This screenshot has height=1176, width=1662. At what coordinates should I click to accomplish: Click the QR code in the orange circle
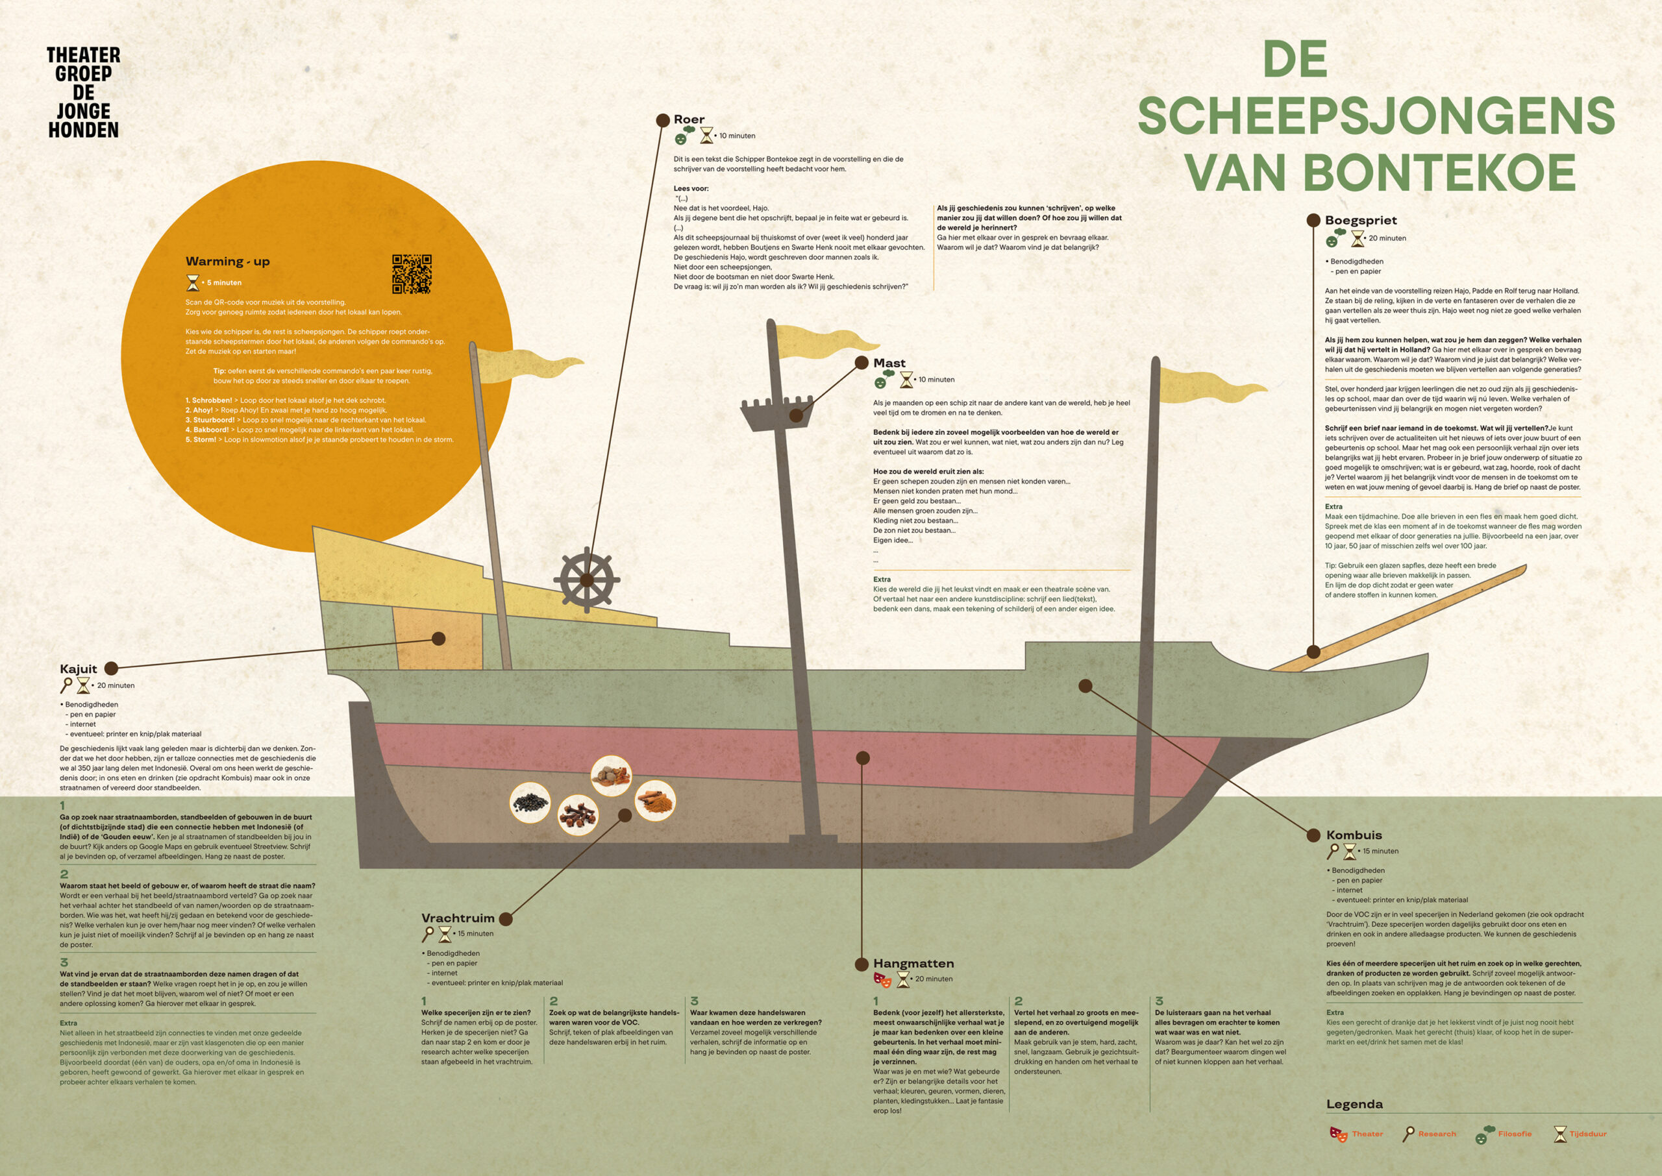pos(412,274)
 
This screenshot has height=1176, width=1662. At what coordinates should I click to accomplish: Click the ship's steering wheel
pos(587,580)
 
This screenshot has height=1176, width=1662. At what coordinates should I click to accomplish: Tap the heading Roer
pos(689,119)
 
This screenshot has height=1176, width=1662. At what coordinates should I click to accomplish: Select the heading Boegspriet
pos(1360,220)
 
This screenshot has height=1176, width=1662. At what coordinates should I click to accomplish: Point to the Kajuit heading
pos(78,669)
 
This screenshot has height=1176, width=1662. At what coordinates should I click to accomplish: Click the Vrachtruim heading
pos(458,918)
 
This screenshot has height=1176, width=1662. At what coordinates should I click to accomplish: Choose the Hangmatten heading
pos(913,964)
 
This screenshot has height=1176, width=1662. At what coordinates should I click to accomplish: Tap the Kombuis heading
pos(1354,835)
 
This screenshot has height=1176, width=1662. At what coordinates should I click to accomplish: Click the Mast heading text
pos(889,363)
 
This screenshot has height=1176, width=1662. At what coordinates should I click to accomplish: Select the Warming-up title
pos(227,262)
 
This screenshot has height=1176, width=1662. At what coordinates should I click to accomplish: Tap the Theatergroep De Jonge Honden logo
pos(83,92)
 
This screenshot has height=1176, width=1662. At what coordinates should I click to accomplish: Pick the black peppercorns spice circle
pos(530,802)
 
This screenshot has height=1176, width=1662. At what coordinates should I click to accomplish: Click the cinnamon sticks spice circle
pos(655,801)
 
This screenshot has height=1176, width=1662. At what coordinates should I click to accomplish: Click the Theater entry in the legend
pos(1356,1134)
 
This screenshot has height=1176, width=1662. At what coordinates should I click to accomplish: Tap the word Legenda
pos(1354,1105)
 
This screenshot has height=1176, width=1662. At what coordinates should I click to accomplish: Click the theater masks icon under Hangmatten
pos(882,980)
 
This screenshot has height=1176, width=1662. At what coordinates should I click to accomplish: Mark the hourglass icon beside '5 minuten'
pos(193,282)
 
